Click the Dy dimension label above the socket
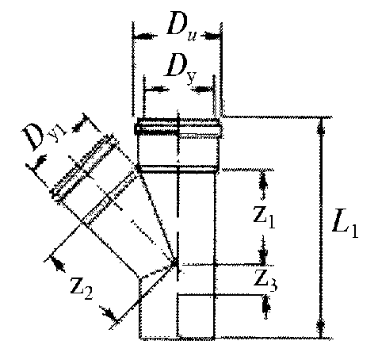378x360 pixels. click(x=180, y=68)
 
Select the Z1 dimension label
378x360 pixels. click(x=264, y=218)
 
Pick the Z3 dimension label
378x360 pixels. click(x=265, y=280)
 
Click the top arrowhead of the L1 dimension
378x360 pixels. click(x=321, y=126)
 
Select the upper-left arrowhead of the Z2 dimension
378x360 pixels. click(x=58, y=263)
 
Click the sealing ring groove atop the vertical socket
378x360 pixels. click(x=177, y=128)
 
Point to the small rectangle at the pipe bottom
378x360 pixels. click(x=196, y=316)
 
